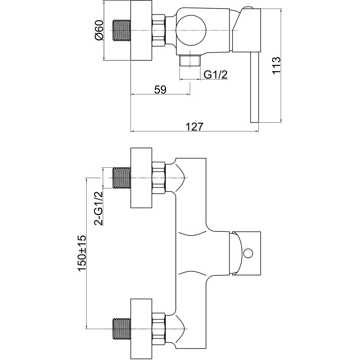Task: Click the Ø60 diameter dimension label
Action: [x=99, y=30]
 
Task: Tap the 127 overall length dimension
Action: [x=194, y=126]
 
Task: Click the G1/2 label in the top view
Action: [x=216, y=75]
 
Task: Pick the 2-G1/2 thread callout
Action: [x=98, y=208]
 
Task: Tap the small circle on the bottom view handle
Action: [x=247, y=253]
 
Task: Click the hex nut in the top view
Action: [x=159, y=31]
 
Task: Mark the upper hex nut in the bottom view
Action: [x=159, y=178]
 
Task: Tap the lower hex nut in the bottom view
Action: [x=159, y=328]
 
